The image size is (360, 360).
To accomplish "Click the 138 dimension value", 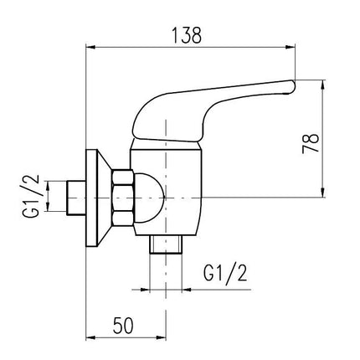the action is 187,35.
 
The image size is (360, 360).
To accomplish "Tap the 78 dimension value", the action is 311,144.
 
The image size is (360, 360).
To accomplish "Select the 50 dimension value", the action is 123,326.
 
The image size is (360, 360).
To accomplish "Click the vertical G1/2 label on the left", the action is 31,196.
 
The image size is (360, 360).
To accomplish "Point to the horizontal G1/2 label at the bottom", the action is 225,273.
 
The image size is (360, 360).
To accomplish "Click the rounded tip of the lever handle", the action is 291,87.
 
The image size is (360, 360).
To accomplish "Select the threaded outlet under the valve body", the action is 166,244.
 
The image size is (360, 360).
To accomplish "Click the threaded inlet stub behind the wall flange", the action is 76,198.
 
